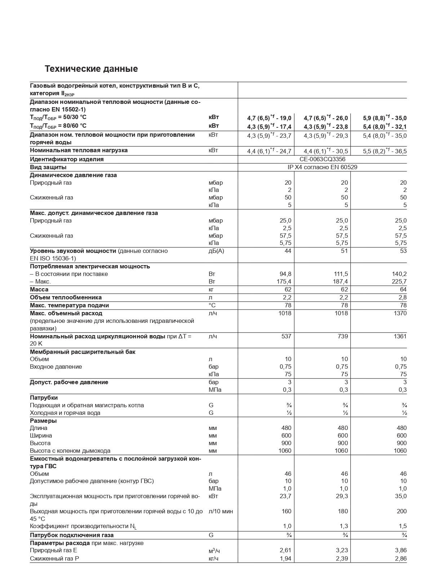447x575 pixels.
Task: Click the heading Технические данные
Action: pos(91,69)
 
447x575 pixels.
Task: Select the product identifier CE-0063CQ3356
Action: pos(322,159)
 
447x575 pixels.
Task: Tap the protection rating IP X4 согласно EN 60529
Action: pos(322,167)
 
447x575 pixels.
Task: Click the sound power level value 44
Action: pos(288,251)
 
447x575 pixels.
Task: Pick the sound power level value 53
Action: pos(403,251)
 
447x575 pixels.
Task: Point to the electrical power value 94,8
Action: pos(285,274)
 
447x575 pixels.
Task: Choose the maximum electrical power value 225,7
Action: pos(399,281)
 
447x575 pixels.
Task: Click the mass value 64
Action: pos(403,289)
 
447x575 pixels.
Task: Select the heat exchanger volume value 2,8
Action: pos(402,297)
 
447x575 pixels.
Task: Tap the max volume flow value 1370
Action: pos(400,313)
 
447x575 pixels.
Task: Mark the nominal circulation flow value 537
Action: pos(286,336)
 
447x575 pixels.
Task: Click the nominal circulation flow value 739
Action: pos(343,336)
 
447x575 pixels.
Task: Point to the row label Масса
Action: pos(39,289)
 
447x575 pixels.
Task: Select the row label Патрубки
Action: pos(44,398)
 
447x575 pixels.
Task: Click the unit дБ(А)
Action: pos(216,251)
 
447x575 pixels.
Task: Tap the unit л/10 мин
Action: pos(221,511)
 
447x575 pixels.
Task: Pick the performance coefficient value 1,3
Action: pos(344,526)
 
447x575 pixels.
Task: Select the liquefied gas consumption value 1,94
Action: pos(285,558)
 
